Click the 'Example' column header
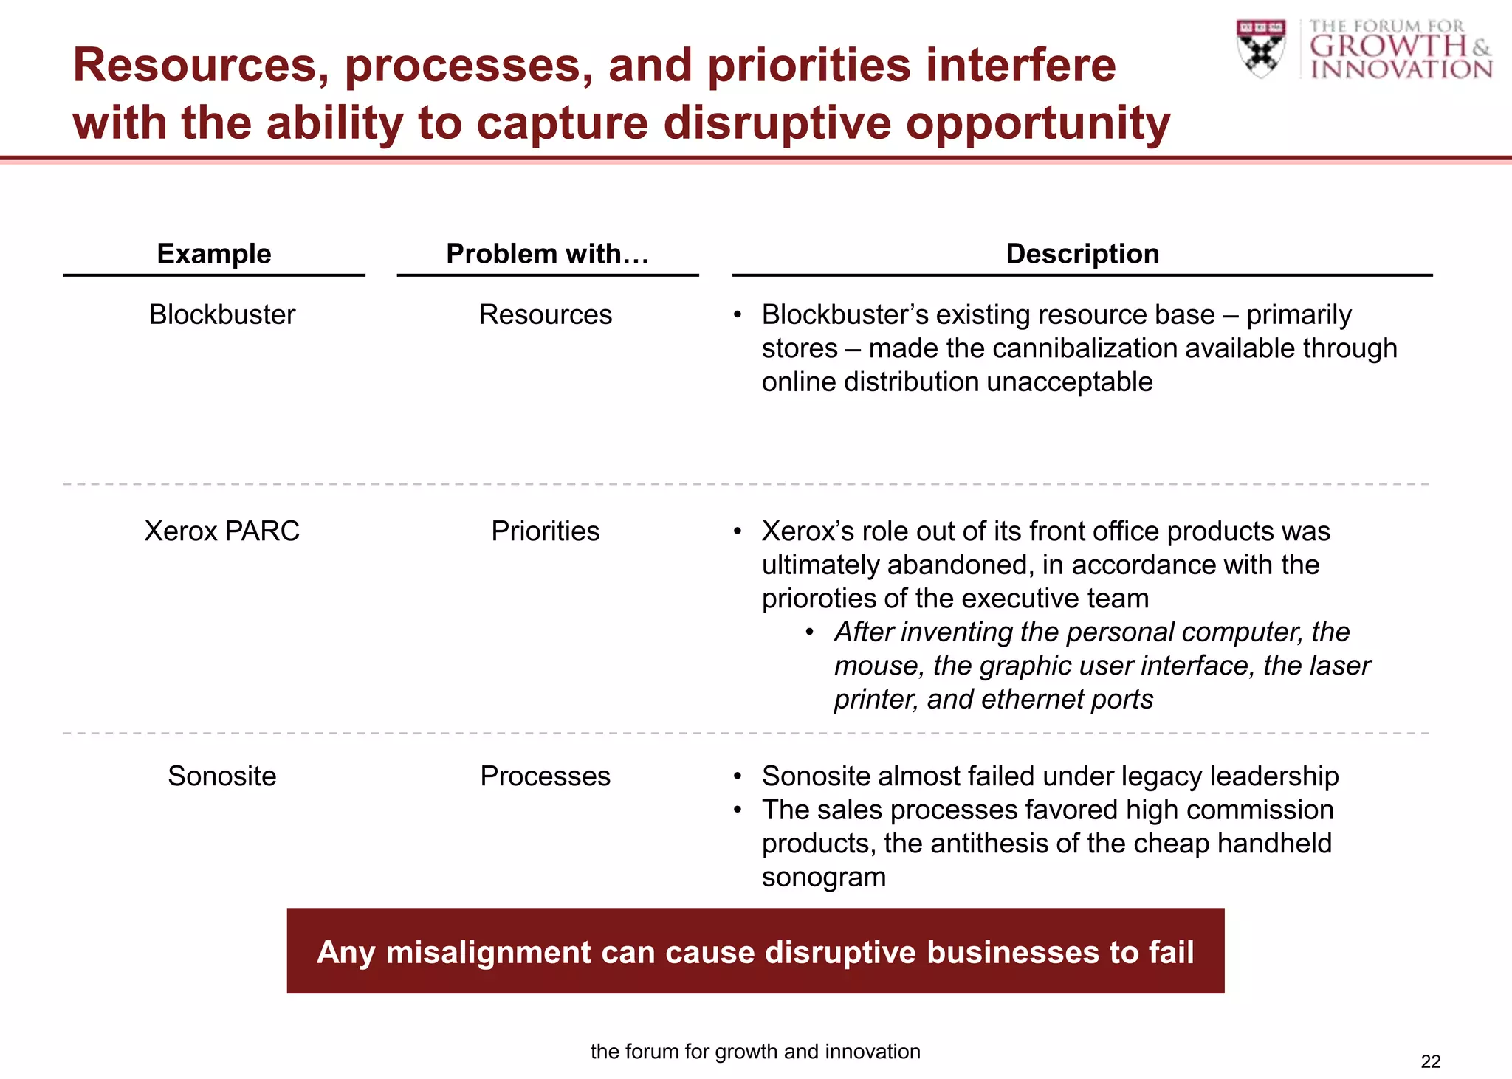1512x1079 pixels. (x=214, y=254)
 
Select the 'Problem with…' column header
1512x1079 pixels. (x=547, y=254)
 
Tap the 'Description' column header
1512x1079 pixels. (x=1082, y=254)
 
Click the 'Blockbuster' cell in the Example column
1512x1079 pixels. (x=221, y=315)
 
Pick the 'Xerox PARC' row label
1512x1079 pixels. (x=221, y=531)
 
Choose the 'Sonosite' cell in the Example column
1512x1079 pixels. (x=221, y=776)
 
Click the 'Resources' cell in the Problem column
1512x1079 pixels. (x=545, y=315)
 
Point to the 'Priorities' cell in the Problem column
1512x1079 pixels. (x=545, y=531)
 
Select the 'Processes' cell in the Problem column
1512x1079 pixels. (x=545, y=776)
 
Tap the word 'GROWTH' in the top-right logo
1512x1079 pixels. (x=1388, y=46)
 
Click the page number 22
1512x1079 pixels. (x=1430, y=1061)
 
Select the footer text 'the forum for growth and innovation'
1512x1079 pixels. (x=755, y=1052)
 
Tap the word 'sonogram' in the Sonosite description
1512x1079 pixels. (x=823, y=878)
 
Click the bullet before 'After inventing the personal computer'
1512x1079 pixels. (x=810, y=632)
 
